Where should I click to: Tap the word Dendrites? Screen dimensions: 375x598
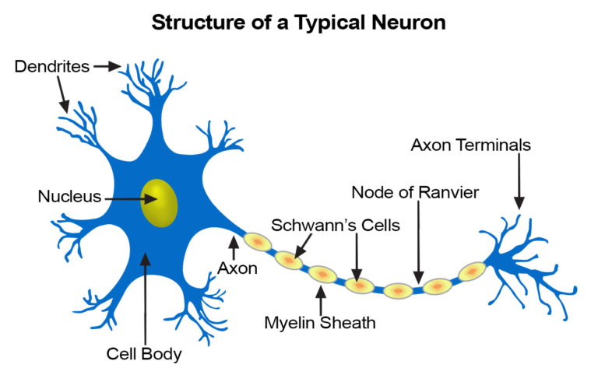(50, 67)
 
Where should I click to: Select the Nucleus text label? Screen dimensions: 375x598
(69, 196)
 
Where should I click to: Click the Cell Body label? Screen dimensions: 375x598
(144, 354)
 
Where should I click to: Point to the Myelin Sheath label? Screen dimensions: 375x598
(319, 322)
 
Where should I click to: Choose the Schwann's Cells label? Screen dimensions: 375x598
(336, 226)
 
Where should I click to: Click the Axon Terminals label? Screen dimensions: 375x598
(471, 145)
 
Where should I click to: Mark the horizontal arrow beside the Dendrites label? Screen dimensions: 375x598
(107, 67)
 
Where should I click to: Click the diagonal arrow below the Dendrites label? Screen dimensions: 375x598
(63, 96)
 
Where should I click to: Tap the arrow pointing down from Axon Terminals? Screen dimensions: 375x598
(519, 182)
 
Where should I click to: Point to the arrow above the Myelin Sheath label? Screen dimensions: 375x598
(320, 300)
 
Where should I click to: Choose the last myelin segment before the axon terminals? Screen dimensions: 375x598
(471, 272)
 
